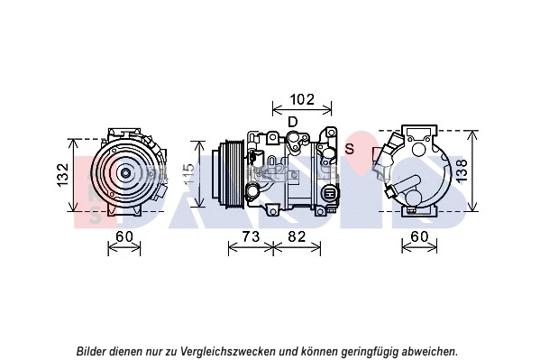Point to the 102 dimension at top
pyautogui.click(x=303, y=99)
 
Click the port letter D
pyautogui.click(x=292, y=122)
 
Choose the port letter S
pyautogui.click(x=350, y=147)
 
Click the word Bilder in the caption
pyautogui.click(x=95, y=351)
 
